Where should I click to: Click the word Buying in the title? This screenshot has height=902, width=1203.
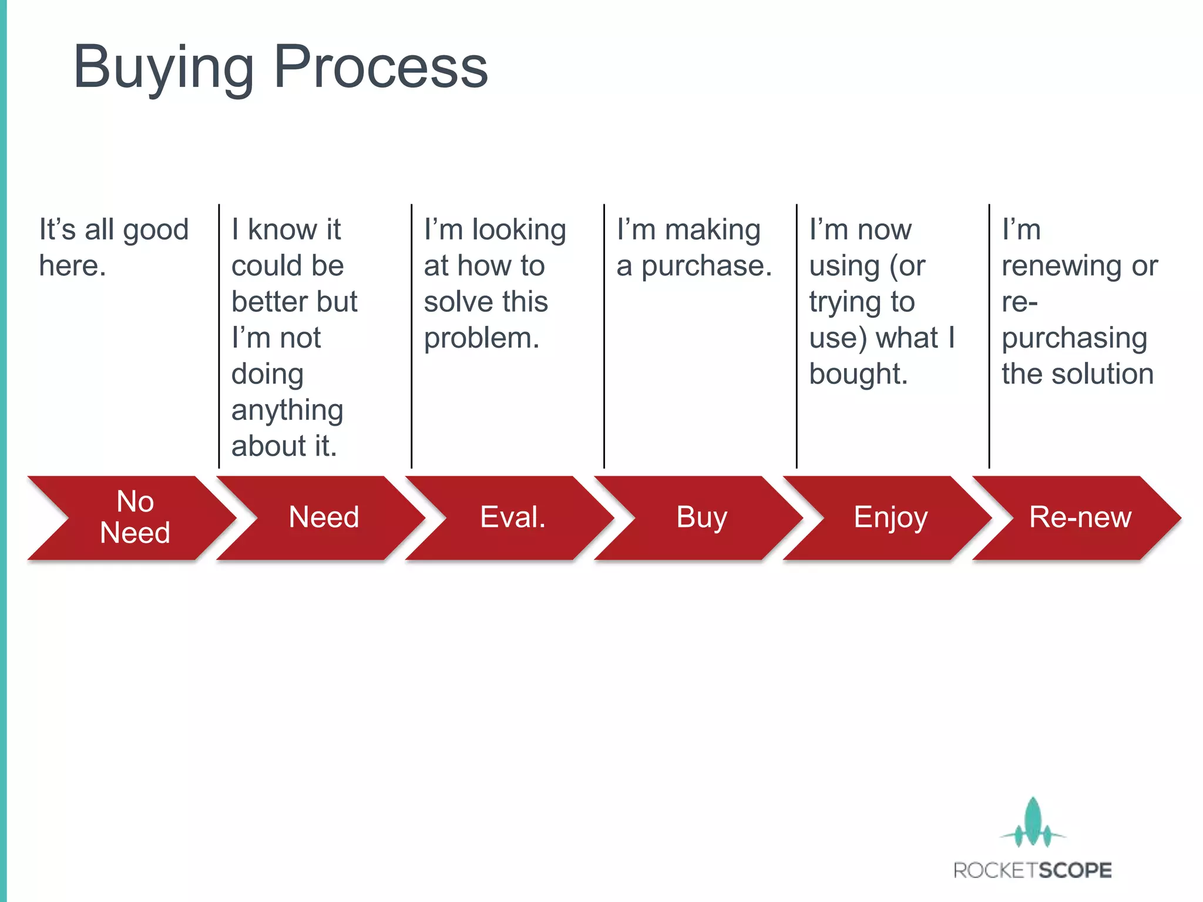click(163, 67)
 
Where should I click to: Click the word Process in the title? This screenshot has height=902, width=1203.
click(381, 67)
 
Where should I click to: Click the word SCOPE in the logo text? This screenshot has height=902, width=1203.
click(1073, 870)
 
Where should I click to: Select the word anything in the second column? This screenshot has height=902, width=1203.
click(287, 410)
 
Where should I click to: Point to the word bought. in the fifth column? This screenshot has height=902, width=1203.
click(858, 374)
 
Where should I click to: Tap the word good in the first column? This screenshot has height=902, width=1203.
click(156, 230)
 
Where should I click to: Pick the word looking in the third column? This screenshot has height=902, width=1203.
click(519, 230)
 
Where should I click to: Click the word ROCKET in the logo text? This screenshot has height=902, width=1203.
click(993, 870)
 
